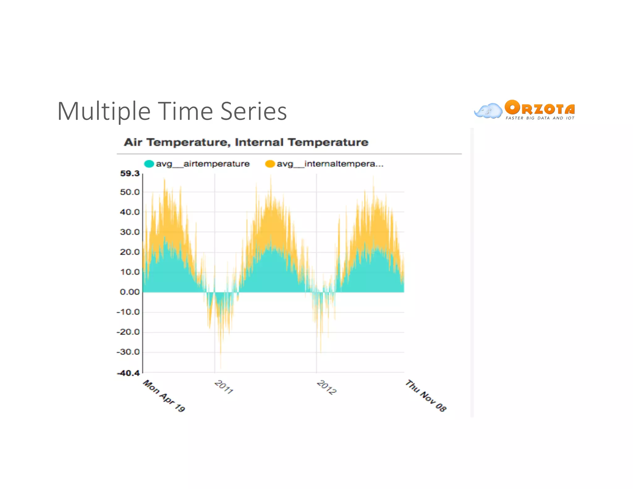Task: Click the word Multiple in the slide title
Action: pos(104,112)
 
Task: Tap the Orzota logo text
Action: pos(540,108)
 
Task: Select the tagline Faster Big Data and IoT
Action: pos(540,118)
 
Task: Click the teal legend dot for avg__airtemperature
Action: pos(149,164)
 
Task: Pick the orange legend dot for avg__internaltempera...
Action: pos(270,164)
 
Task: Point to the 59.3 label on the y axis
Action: pos(130,173)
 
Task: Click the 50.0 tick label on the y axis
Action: pos(130,192)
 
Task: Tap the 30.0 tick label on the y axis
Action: pos(130,232)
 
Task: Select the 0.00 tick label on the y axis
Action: pos(130,292)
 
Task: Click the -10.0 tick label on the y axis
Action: pos(129,312)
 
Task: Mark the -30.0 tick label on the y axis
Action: pos(129,352)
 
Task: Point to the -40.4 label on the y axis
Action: pos(129,373)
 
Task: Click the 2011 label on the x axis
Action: pos(224,387)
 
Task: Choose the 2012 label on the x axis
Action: pos(327,387)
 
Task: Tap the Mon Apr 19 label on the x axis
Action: pos(164,396)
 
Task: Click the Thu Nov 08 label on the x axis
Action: pos(426,396)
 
